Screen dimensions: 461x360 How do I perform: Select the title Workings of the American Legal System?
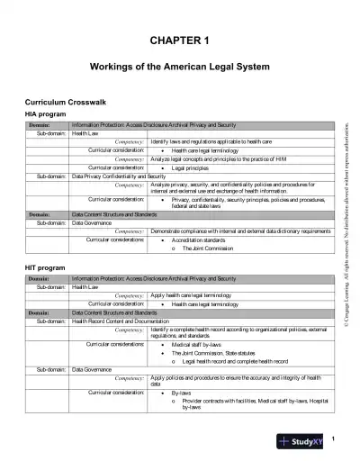[179, 67]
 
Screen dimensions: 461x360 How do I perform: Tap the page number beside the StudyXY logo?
[333, 438]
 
